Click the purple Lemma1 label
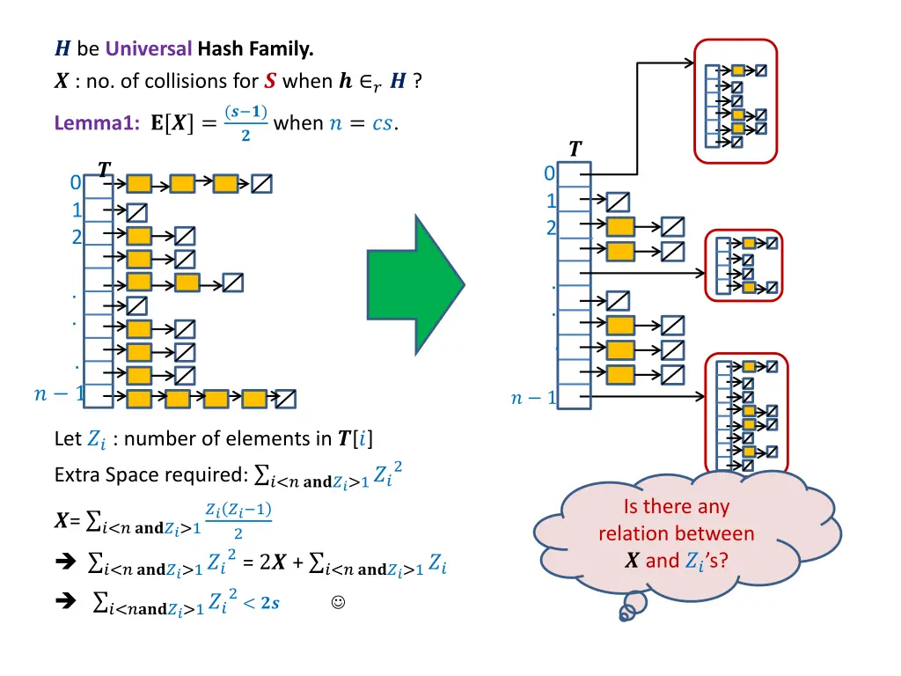click(93, 124)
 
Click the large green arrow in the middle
click(414, 283)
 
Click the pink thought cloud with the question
click(675, 533)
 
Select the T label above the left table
click(104, 169)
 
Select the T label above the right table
click(575, 149)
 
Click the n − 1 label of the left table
click(58, 395)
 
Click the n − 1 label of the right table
click(532, 399)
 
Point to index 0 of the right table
click(549, 173)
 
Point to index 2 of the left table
click(77, 236)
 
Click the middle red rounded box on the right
click(745, 265)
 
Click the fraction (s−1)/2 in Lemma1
click(246, 123)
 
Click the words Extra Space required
click(150, 475)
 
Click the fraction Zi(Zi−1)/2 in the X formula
click(238, 521)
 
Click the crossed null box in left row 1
click(136, 212)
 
